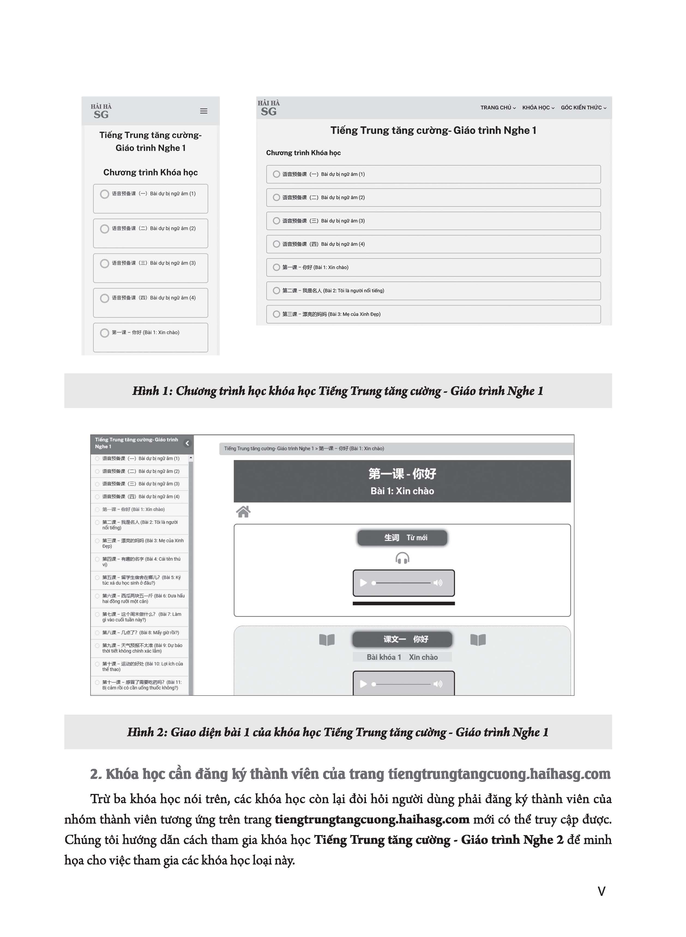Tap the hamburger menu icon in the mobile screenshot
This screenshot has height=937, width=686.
click(203, 111)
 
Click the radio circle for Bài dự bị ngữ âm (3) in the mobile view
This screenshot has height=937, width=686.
click(105, 264)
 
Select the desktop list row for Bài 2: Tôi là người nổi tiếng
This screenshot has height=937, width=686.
click(433, 291)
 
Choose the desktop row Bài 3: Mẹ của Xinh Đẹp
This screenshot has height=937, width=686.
click(433, 315)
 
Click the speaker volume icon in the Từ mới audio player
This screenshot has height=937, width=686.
click(438, 583)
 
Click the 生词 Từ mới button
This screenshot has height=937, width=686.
click(402, 538)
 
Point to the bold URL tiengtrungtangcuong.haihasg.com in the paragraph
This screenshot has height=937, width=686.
click(372, 820)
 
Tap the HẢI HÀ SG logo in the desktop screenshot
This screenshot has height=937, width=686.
click(269, 108)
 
